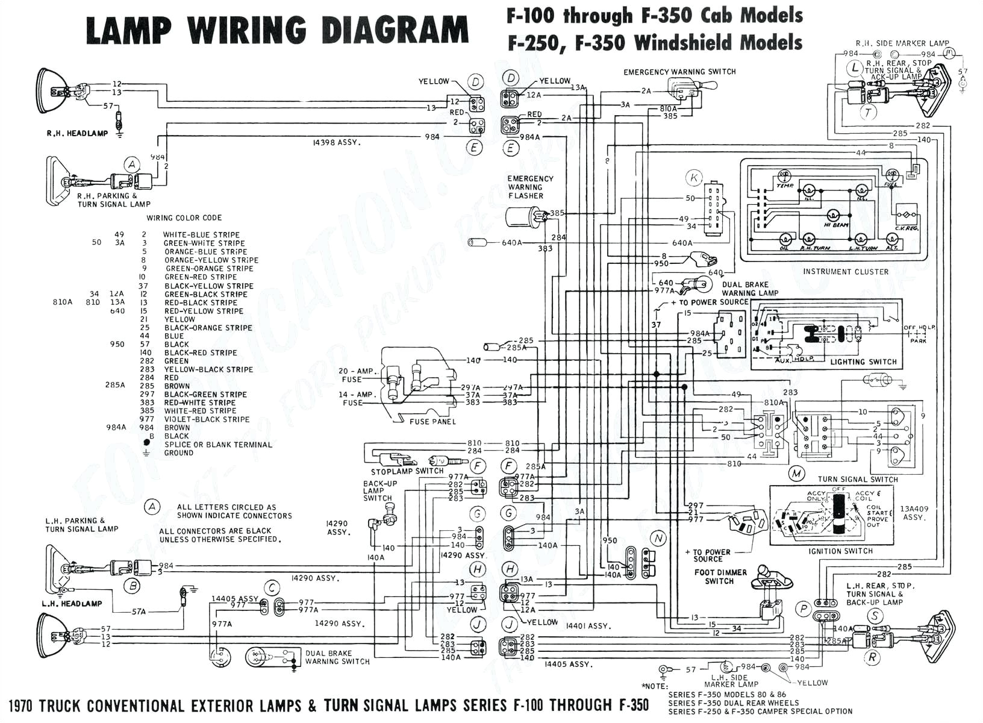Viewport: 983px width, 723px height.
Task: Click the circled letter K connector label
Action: click(694, 178)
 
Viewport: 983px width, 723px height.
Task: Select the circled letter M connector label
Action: click(797, 473)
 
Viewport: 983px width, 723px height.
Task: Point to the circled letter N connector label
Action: click(658, 538)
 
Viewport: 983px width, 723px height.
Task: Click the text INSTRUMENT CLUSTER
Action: click(845, 272)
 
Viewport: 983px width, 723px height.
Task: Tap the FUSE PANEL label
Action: click(432, 421)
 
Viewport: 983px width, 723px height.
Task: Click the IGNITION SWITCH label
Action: click(841, 551)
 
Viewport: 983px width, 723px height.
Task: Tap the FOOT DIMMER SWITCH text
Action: click(720, 577)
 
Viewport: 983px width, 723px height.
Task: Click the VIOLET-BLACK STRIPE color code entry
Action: click(207, 419)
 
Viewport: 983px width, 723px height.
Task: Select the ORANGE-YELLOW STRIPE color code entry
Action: click(211, 260)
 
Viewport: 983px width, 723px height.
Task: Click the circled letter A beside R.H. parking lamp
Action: click(131, 164)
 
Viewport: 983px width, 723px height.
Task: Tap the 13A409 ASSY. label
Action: click(914, 513)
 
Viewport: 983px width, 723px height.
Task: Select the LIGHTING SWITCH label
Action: click(863, 362)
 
